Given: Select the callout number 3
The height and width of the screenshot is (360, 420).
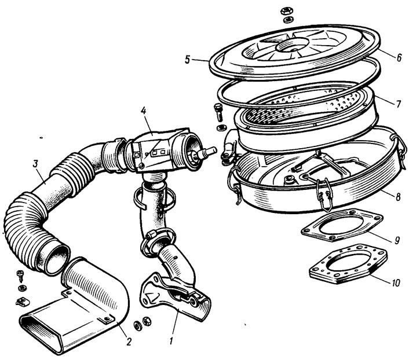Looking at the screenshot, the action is click(x=35, y=164).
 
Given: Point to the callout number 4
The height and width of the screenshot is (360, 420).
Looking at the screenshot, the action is click(x=144, y=111).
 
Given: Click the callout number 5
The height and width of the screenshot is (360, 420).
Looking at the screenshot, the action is click(x=188, y=60).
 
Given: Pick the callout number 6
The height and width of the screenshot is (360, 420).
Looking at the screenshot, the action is click(x=399, y=57).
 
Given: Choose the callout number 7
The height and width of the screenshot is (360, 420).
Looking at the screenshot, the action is click(x=399, y=104).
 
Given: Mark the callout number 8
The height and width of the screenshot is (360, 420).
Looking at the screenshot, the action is click(x=398, y=197).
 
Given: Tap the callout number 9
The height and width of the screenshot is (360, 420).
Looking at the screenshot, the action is click(x=397, y=240).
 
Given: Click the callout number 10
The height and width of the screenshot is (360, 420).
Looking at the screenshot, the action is click(x=396, y=282).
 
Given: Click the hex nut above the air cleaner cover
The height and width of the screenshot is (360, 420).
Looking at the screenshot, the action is click(x=287, y=11).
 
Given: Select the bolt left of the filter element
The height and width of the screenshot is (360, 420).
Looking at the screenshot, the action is click(x=218, y=112).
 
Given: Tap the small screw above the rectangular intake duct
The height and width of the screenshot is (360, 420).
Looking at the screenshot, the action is click(x=20, y=275).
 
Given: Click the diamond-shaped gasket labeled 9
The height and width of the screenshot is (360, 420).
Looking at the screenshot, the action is click(x=342, y=225).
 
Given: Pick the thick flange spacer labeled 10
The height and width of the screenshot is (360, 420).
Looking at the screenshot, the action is click(x=348, y=264).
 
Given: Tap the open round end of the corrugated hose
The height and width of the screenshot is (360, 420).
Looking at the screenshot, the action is click(x=56, y=258).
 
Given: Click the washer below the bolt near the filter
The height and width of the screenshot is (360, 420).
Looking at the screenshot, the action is click(x=221, y=128).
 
